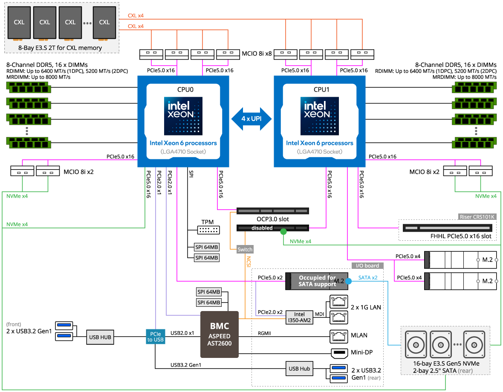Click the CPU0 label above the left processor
183,89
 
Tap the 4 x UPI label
251,119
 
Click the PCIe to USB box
155,337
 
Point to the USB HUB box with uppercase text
100,337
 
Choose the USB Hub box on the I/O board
299,369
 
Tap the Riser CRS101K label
477,217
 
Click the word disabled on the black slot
262,228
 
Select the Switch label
245,250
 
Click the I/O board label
367,266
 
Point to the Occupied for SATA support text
317,281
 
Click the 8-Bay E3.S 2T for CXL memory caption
60,48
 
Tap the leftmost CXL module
19,22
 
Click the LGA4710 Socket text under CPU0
183,152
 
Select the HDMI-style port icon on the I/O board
339,354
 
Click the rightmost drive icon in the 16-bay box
474,344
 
